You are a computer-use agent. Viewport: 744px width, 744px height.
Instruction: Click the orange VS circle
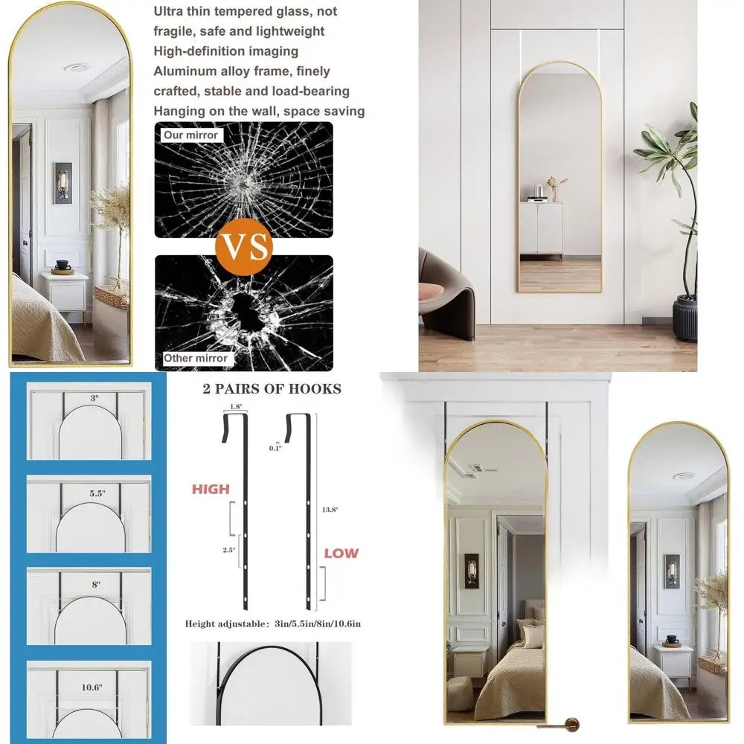tap(244, 246)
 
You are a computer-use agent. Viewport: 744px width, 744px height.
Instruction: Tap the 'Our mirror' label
tap(191, 135)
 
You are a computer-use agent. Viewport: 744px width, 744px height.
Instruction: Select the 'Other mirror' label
tap(196, 358)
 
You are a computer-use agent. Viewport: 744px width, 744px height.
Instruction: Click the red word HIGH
tap(211, 490)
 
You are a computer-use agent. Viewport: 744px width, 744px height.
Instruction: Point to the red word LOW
tap(341, 553)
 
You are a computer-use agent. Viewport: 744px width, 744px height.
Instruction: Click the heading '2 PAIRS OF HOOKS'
tap(272, 388)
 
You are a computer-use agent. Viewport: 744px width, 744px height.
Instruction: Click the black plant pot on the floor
tap(685, 318)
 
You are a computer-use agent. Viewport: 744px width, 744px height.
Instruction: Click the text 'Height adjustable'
tap(220, 624)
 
